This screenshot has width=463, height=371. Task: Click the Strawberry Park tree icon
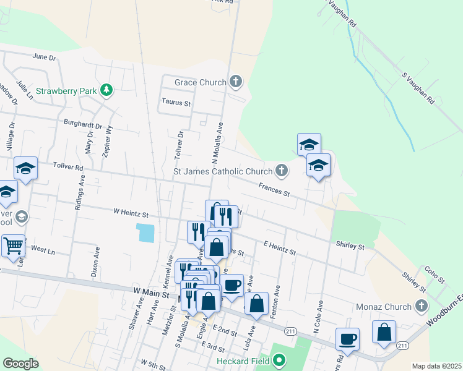106,90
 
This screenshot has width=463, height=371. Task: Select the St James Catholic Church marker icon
282,169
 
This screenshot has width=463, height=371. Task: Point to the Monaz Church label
384,307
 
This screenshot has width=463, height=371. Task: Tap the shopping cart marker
13,247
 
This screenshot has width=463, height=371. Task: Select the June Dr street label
44,57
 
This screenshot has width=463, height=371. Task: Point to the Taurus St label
176,103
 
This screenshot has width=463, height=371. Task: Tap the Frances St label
274,189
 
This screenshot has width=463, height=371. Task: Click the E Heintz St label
280,248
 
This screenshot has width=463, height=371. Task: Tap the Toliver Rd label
67,167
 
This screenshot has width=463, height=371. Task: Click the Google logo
21,364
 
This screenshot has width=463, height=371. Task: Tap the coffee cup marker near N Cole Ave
347,338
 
